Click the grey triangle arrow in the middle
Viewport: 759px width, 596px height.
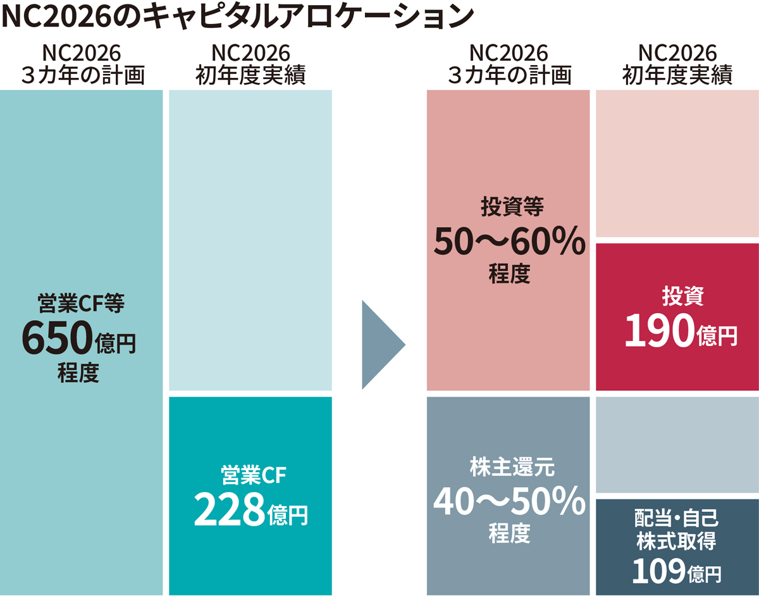click(381, 345)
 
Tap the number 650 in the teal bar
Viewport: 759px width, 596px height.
click(56, 339)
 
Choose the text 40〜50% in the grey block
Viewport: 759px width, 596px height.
click(509, 502)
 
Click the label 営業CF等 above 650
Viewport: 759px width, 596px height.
click(81, 304)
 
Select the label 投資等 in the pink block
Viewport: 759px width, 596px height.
click(509, 207)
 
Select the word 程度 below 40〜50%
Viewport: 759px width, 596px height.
click(509, 535)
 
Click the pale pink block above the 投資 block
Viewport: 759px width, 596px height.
click(677, 163)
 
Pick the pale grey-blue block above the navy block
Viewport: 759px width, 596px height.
click(677, 444)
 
